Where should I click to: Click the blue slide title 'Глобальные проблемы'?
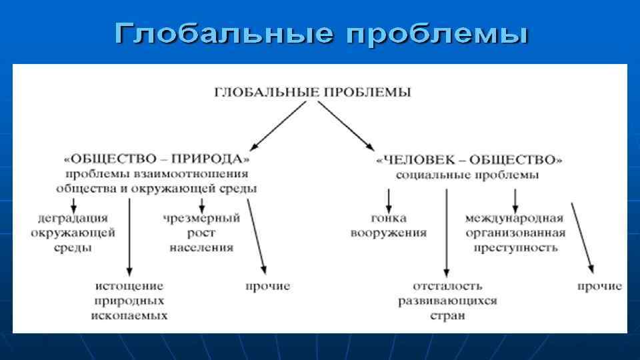(321, 33)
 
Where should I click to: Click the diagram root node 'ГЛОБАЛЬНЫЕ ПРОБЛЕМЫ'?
(312, 92)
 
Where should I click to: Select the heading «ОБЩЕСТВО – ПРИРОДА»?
(157, 159)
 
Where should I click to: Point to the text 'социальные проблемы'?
(467, 175)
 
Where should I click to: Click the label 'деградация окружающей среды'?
(73, 232)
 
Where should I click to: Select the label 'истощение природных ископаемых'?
(129, 300)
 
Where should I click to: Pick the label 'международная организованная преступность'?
(514, 233)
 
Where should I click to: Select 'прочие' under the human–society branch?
(599, 286)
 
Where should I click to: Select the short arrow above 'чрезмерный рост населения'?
(201, 203)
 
